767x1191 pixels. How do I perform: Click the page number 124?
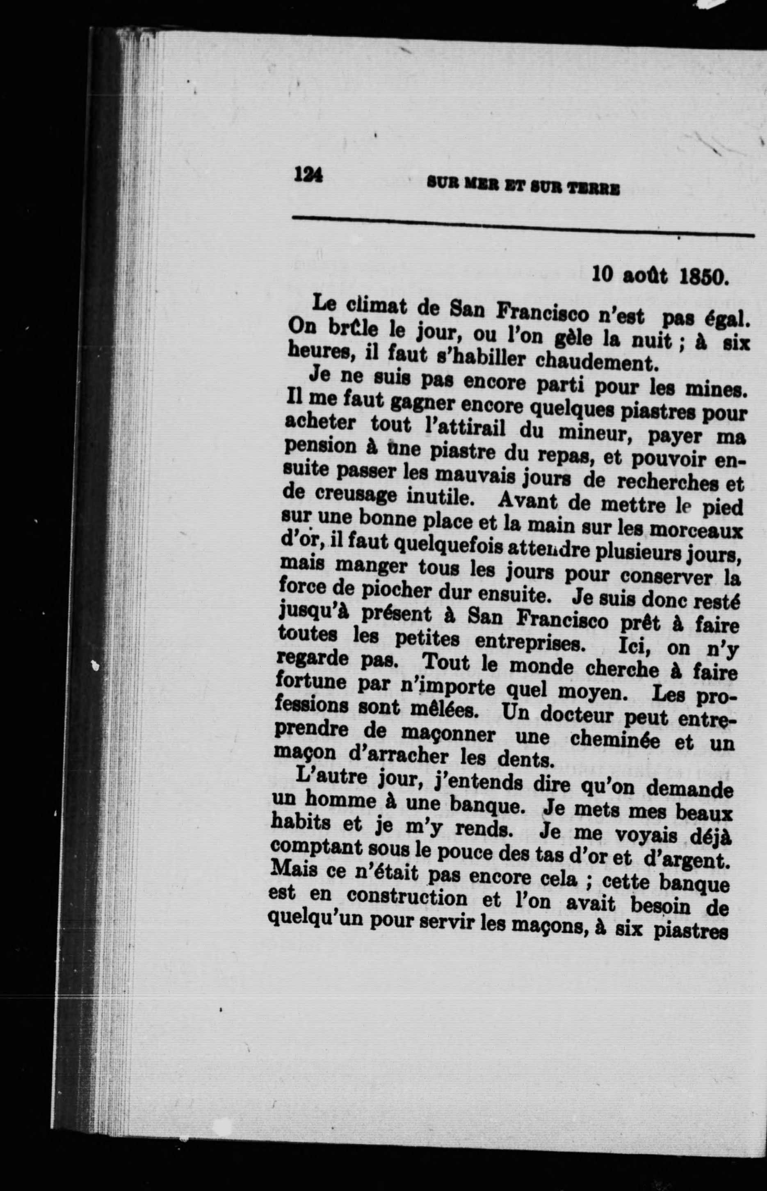pyautogui.click(x=309, y=175)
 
